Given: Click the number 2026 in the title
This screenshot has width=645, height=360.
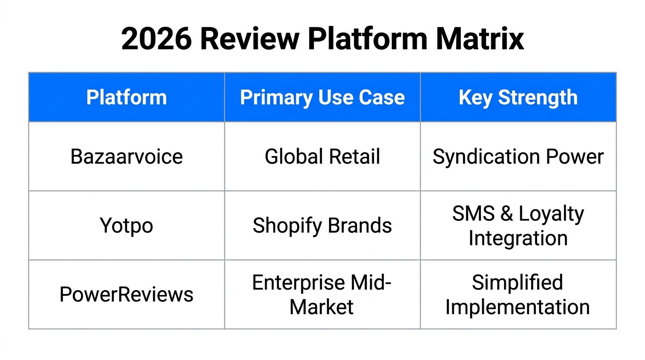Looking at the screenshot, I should pyautogui.click(x=156, y=39).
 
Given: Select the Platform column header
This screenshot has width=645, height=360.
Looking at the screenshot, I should pyautogui.click(x=127, y=97).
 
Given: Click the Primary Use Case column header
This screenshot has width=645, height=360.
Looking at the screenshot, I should pyautogui.click(x=322, y=97).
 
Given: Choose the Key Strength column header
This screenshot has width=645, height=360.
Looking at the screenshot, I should pyautogui.click(x=518, y=97).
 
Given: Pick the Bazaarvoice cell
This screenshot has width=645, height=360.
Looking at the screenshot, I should pyautogui.click(x=127, y=157).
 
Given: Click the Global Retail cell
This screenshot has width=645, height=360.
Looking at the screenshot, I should pyautogui.click(x=322, y=157).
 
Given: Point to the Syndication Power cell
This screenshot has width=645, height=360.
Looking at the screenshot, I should pyautogui.click(x=518, y=157).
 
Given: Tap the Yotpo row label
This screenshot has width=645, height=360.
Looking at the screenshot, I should pyautogui.click(x=127, y=225).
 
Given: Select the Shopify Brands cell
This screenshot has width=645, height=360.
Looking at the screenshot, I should pyautogui.click(x=322, y=225).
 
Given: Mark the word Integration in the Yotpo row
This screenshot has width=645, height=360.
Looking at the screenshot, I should pyautogui.click(x=518, y=238).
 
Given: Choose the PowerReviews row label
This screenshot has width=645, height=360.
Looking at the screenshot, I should pyautogui.click(x=127, y=294).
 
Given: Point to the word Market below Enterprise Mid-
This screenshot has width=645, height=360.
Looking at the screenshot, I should pyautogui.click(x=322, y=307).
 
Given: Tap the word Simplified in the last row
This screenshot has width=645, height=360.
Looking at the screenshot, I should pyautogui.click(x=517, y=283).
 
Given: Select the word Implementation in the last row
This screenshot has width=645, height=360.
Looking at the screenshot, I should pyautogui.click(x=517, y=307).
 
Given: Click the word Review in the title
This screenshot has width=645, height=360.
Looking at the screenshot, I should pyautogui.click(x=250, y=39).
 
